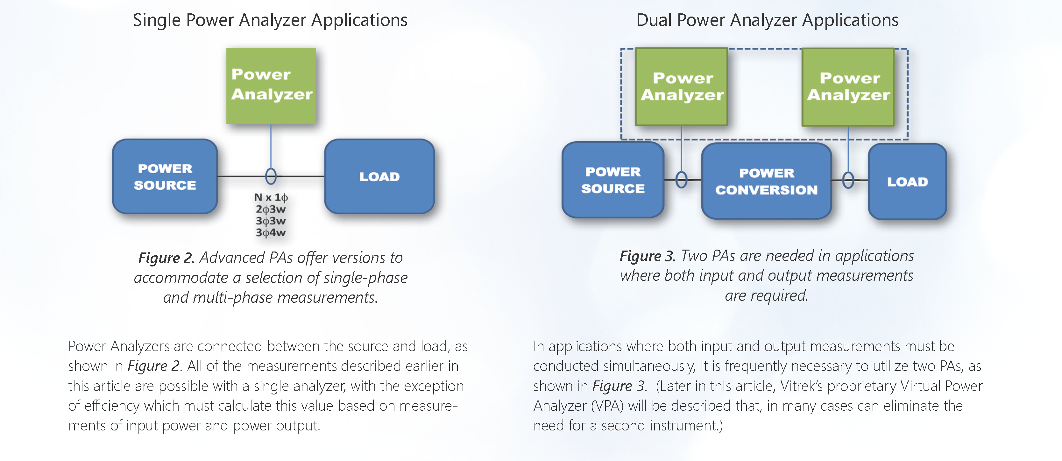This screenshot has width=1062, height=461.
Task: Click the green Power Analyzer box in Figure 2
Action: [271, 86]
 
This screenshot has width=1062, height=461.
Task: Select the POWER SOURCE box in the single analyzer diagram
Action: [165, 176]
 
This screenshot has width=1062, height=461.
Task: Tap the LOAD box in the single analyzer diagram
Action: [379, 176]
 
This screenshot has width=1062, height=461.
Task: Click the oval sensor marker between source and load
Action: [271, 176]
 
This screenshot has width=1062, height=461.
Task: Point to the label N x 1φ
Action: [271, 197]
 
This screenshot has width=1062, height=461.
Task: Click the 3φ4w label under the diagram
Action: [271, 232]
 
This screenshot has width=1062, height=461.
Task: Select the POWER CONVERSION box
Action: [766, 181]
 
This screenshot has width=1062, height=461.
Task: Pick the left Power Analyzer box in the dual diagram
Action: [682, 87]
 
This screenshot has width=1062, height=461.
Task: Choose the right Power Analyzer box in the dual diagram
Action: [848, 87]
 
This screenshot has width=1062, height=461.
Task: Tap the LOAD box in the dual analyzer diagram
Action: [907, 181]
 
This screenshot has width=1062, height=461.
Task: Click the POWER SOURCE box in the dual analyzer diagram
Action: [613, 180]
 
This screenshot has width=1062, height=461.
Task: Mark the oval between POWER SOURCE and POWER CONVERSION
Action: [682, 180]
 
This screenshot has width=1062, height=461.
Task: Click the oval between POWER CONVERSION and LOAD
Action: [848, 180]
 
